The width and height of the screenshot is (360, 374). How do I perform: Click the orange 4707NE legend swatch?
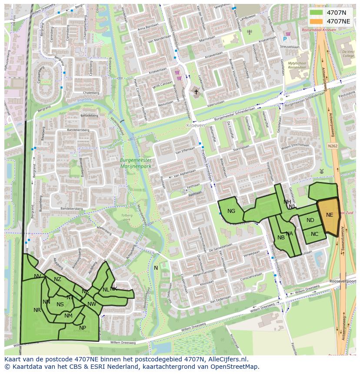click(x=317, y=21)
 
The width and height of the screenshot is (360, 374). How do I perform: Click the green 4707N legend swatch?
click(x=317, y=13)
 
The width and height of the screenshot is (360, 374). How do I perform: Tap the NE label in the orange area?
click(x=330, y=215)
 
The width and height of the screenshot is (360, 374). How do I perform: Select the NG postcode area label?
click(x=231, y=211)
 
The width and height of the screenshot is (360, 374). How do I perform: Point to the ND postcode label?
click(x=310, y=220)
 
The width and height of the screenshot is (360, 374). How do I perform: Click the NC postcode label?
click(x=315, y=234)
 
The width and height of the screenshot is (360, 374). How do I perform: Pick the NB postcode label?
click(x=281, y=237)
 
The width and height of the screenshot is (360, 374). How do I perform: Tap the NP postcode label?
click(x=83, y=328)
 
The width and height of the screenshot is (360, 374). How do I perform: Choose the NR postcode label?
click(x=37, y=310)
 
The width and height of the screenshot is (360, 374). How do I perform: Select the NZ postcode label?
click(x=57, y=279)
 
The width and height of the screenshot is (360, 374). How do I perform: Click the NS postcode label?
click(x=60, y=304)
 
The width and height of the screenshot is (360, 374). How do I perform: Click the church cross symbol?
click(x=196, y=92)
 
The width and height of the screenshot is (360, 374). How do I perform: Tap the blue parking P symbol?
click(x=285, y=39)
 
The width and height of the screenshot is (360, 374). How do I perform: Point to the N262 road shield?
click(x=333, y=146)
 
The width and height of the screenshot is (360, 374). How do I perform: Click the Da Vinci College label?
click(x=348, y=53)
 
